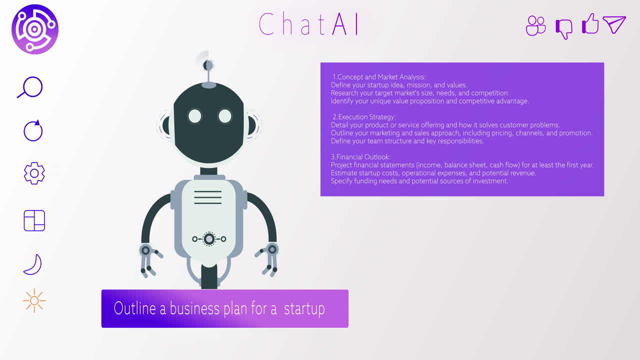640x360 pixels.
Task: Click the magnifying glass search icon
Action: (x=31, y=87)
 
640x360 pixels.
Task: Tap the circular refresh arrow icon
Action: (x=33, y=130)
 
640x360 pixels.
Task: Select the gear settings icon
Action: (x=34, y=173)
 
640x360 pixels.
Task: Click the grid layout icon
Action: (x=34, y=220)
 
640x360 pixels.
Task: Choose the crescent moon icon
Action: (x=33, y=264)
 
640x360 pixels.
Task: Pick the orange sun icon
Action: (x=34, y=300)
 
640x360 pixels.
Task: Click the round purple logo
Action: (x=35, y=29)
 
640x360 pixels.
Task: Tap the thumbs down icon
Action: (x=564, y=28)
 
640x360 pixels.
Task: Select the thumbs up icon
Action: (x=590, y=24)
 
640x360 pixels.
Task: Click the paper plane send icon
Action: (x=614, y=24)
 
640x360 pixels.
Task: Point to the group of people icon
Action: (x=536, y=25)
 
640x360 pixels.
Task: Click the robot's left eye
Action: (x=194, y=116)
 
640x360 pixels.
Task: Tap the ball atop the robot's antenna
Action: (x=208, y=65)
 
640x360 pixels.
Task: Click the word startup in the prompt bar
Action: (x=304, y=308)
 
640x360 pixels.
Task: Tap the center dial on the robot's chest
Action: (x=209, y=239)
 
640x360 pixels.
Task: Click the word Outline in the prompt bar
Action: (x=135, y=308)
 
